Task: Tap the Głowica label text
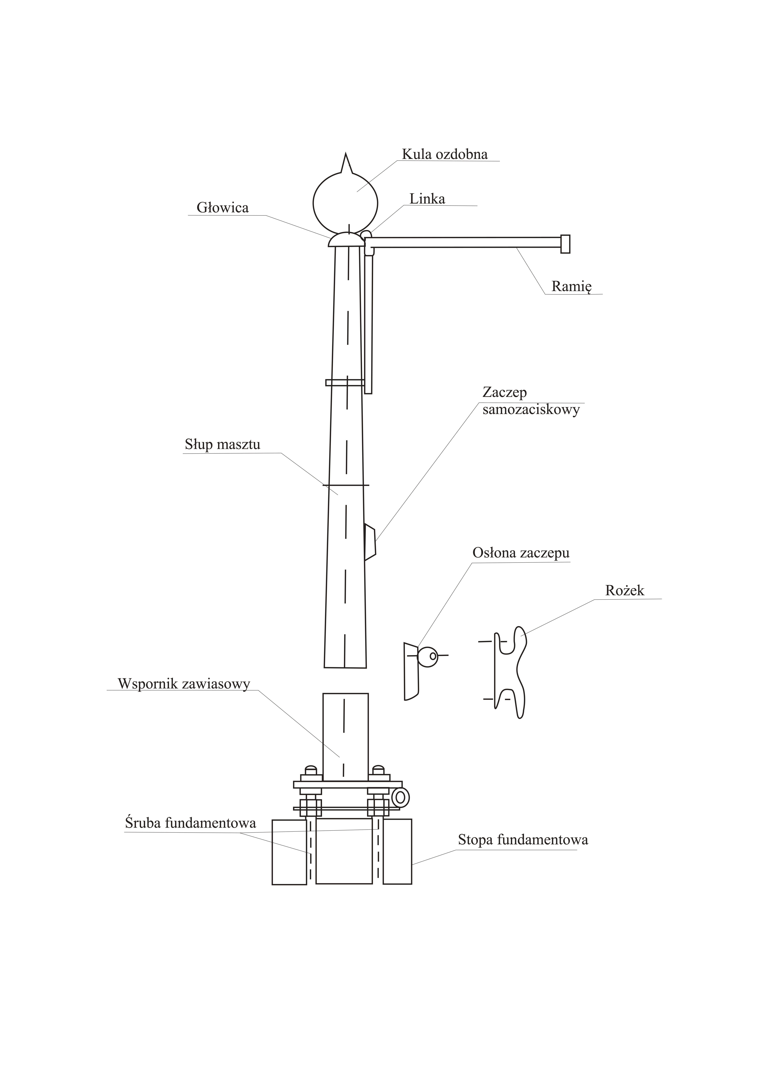point(222,208)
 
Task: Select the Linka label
point(427,199)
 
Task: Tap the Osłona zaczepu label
point(521,553)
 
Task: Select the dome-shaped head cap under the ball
point(346,240)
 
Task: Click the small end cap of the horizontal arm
point(565,244)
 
